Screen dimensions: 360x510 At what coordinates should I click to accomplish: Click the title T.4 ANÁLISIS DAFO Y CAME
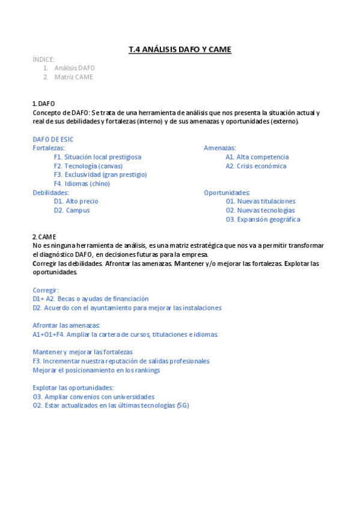coord(180,49)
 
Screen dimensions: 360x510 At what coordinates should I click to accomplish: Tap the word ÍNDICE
coord(43,59)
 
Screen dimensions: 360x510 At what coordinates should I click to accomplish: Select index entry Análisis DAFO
coord(74,68)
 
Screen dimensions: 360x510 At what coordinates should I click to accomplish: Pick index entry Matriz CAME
coord(73,77)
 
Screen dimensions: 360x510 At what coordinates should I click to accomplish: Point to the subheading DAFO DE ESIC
coord(53,139)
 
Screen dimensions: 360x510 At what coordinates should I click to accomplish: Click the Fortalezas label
coord(49,147)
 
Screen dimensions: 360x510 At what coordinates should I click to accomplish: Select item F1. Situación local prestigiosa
coord(97,156)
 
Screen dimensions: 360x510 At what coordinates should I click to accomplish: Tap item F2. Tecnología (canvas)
coord(88,165)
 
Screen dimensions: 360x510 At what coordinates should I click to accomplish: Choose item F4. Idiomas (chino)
coord(82,183)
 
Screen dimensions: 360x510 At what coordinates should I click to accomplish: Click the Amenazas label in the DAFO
coord(220,147)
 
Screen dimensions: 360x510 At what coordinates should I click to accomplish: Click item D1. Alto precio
coord(76,201)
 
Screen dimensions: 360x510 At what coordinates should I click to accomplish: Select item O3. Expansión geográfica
coord(263,219)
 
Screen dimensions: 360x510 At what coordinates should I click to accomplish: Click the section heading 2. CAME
coord(44,236)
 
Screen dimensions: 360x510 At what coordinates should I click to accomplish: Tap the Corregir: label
coord(46,290)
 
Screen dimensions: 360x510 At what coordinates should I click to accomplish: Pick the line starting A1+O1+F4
coord(125,334)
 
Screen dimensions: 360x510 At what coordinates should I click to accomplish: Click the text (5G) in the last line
coord(183,405)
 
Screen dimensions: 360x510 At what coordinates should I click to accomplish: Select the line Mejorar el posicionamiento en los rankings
coord(96,370)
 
